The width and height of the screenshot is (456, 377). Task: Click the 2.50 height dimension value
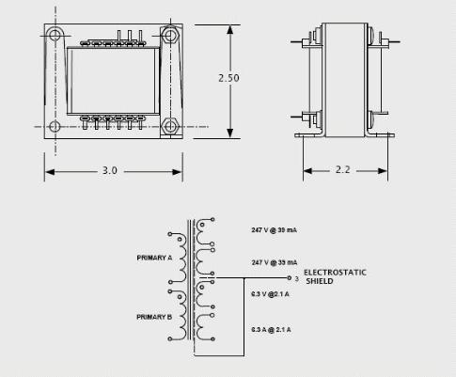click(x=228, y=78)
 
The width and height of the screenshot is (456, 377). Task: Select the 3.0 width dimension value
click(x=110, y=170)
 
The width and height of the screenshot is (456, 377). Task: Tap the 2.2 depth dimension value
click(x=342, y=169)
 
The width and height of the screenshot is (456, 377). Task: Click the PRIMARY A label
click(x=154, y=258)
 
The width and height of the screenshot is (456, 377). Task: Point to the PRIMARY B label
click(x=154, y=317)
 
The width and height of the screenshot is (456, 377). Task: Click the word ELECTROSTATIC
click(x=335, y=273)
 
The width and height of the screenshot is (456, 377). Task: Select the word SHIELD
click(x=320, y=281)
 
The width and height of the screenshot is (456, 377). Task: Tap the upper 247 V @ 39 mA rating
click(x=274, y=230)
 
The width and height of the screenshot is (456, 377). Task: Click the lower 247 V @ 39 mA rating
click(x=275, y=262)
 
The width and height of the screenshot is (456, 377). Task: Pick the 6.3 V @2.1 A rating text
click(x=270, y=294)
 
